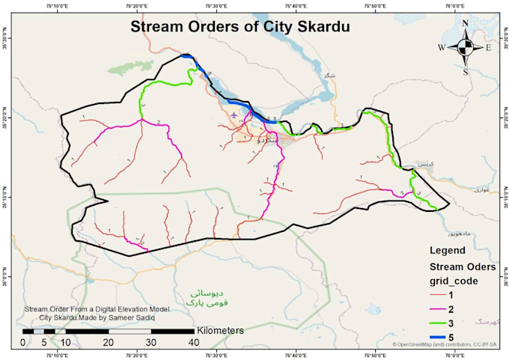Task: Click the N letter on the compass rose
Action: tap(465, 23)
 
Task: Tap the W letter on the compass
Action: tap(442, 48)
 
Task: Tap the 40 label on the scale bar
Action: tap(193, 342)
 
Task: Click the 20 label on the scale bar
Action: tap(108, 342)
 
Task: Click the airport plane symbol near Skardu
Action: tap(235, 115)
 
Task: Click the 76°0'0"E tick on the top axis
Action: tap(451, 6)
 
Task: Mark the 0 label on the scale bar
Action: tap(22, 342)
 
